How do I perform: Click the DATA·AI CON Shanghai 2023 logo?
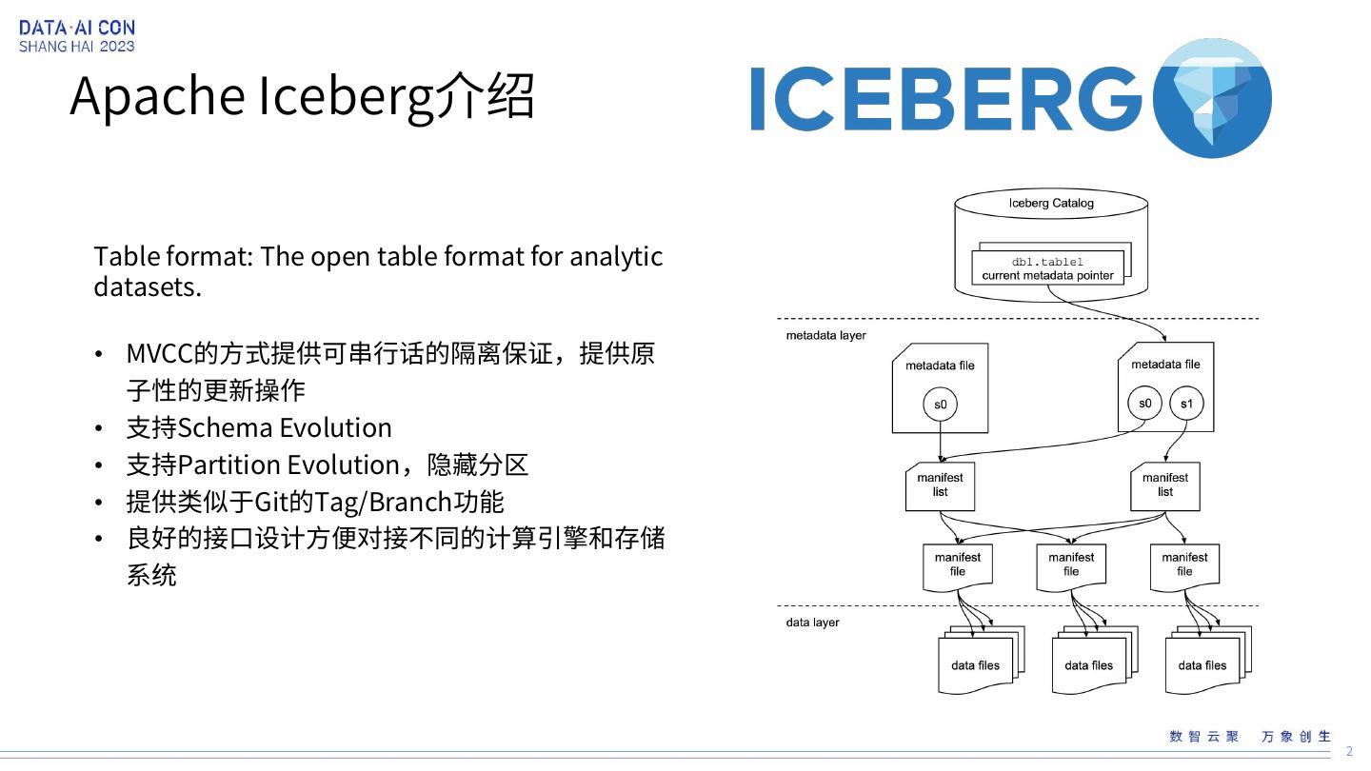(76, 36)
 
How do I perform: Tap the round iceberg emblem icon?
(1211, 98)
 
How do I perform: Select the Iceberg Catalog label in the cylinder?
(1051, 203)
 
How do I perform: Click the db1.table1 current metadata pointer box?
(1047, 268)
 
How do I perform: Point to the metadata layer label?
(825, 336)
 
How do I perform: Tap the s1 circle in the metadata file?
(1186, 404)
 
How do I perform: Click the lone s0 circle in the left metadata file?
(940, 405)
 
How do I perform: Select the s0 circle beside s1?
(1144, 403)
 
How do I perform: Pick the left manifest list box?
(940, 485)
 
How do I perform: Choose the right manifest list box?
(1164, 485)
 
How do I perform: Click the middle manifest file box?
(1071, 565)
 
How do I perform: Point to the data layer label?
(812, 623)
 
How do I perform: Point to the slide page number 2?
(1348, 751)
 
